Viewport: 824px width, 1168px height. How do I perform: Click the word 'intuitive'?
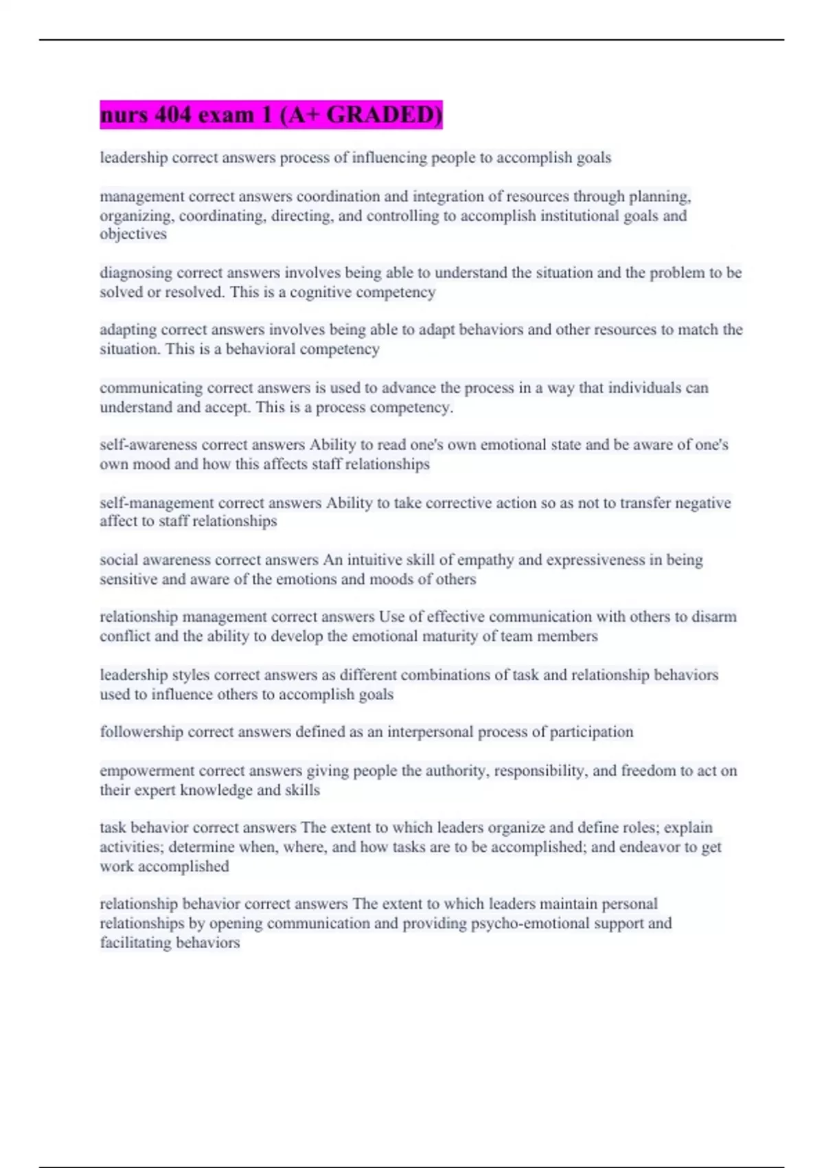click(374, 560)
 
